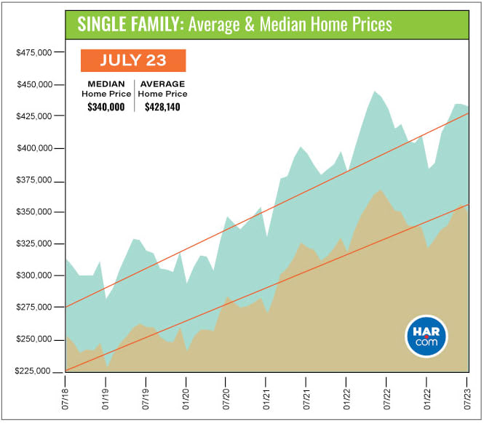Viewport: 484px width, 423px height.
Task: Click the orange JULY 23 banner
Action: (133, 60)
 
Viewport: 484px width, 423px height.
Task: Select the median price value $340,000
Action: (106, 107)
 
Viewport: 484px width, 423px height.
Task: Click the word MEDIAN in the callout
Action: (106, 84)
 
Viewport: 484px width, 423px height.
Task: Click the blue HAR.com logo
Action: (427, 337)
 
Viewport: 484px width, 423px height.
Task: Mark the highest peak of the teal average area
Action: (375, 92)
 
